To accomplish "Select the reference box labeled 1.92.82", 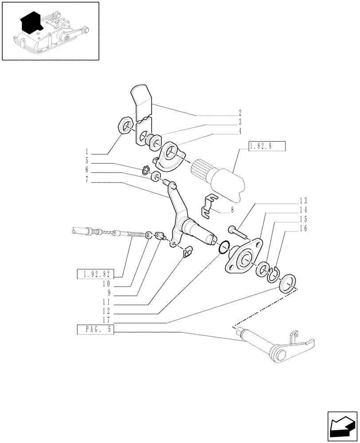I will pos(95,273).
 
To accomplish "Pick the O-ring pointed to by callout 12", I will pos(224,247).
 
